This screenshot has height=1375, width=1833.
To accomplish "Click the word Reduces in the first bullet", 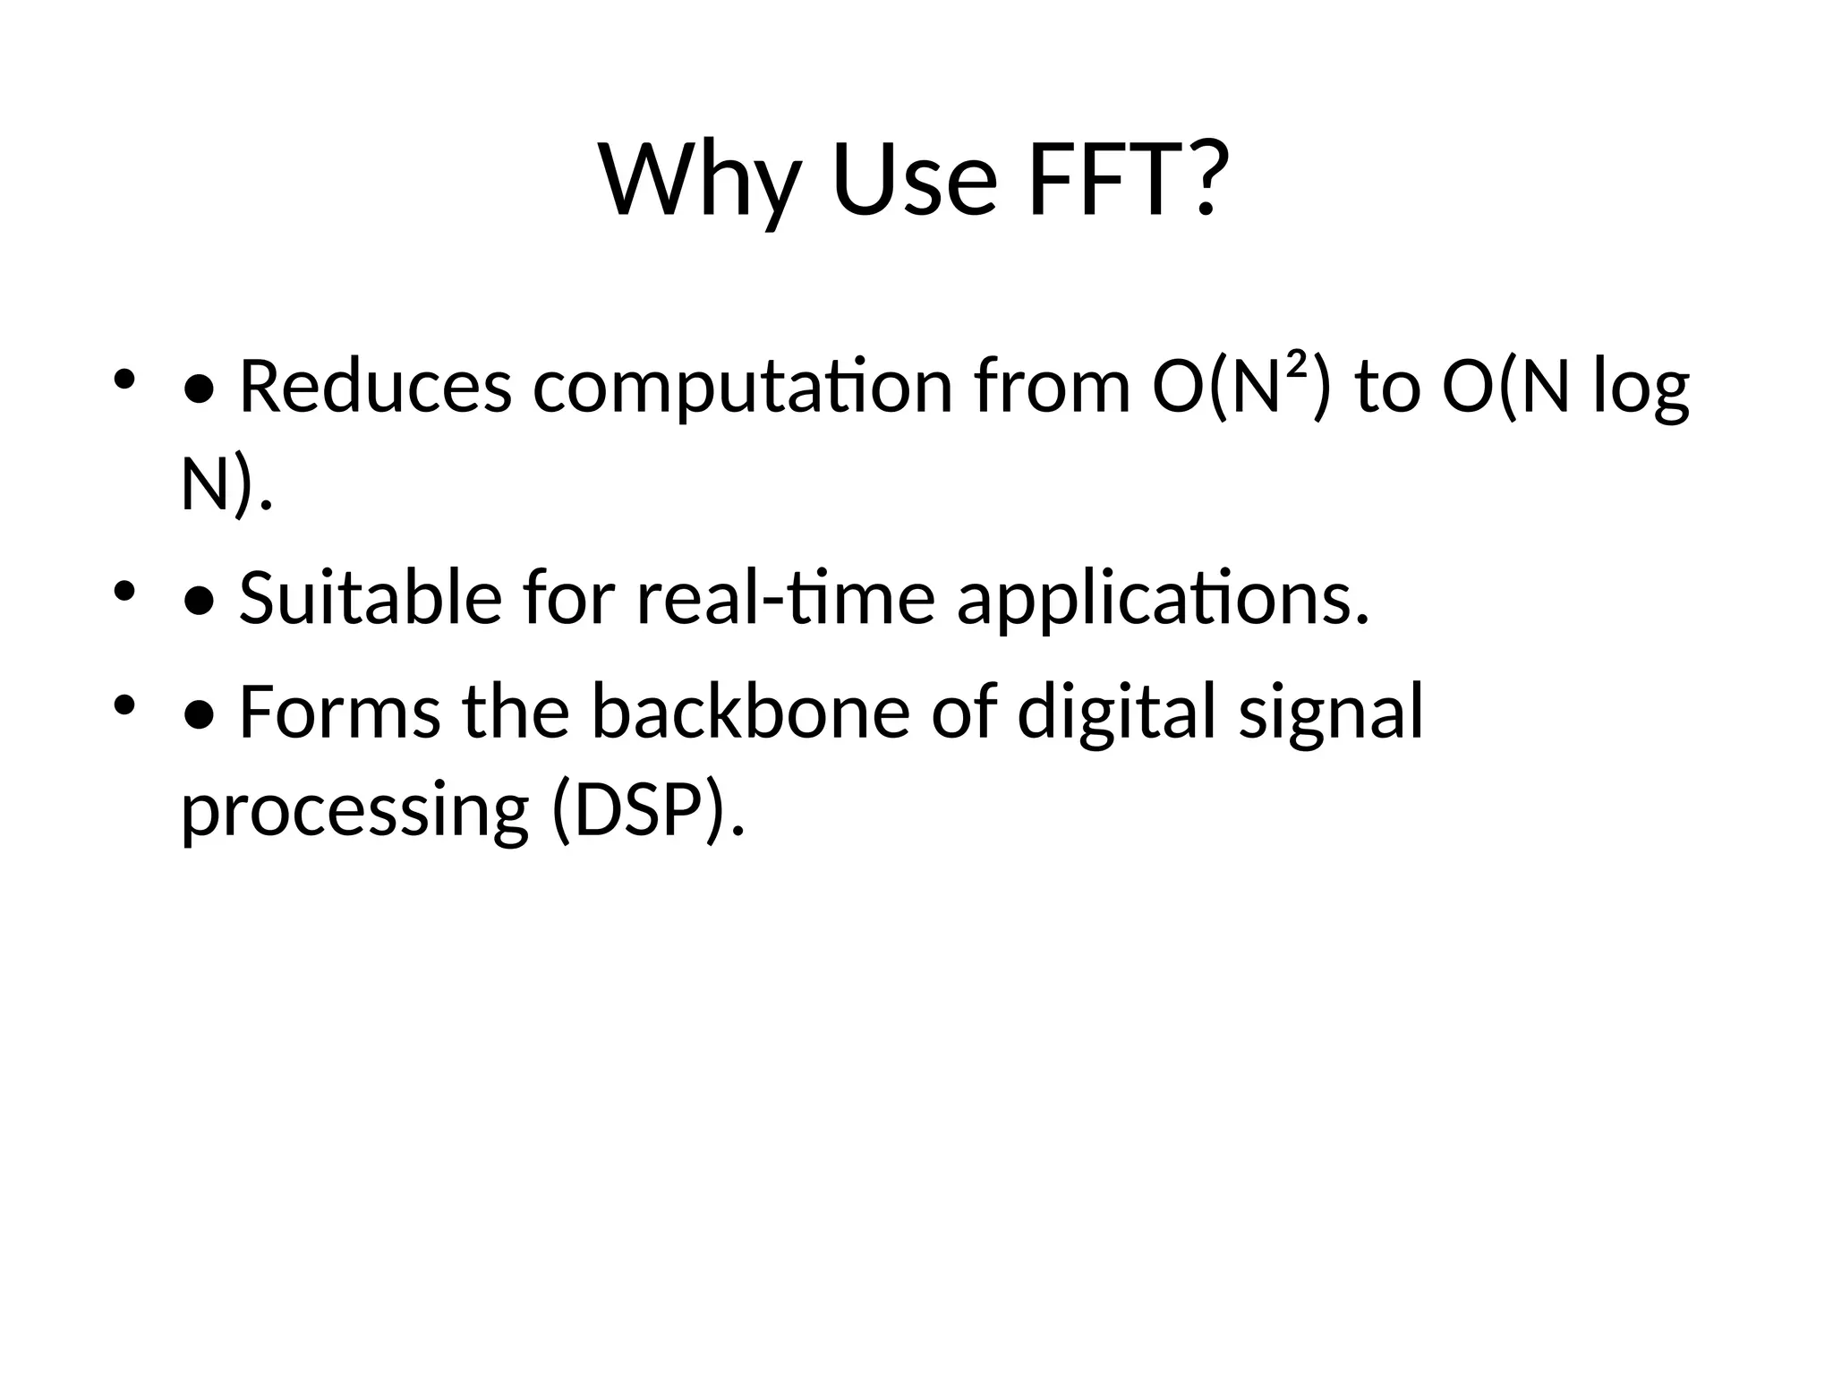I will click(x=376, y=387).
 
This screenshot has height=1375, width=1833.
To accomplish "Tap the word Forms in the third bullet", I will click(x=340, y=712).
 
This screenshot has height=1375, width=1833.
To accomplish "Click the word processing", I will click(x=355, y=811).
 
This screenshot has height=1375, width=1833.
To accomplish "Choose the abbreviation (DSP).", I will click(x=647, y=811).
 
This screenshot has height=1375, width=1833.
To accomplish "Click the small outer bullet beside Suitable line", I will click(x=124, y=591).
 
